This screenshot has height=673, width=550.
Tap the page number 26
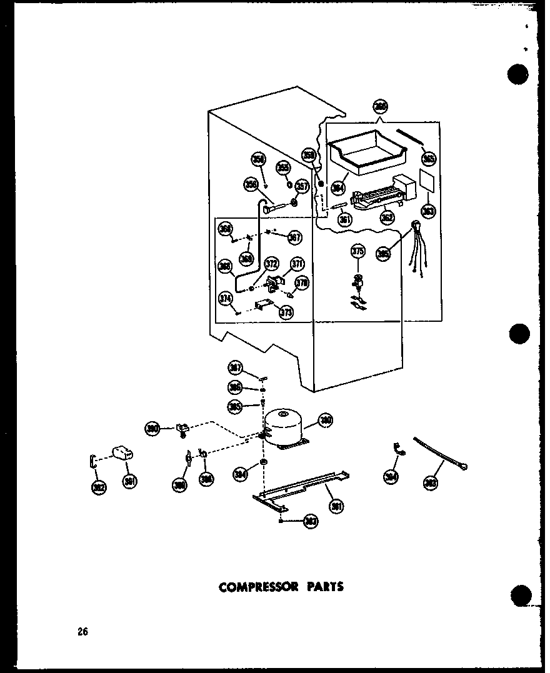pos(83,631)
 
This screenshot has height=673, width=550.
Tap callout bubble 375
pos(357,252)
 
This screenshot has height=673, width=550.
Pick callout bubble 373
pos(286,313)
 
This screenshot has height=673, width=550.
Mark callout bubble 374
pos(225,299)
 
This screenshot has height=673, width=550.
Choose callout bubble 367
pos(294,237)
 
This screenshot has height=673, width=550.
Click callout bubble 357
pos(302,186)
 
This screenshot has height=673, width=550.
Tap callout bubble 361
pos(344,219)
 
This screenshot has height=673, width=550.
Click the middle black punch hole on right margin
pos(519,334)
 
